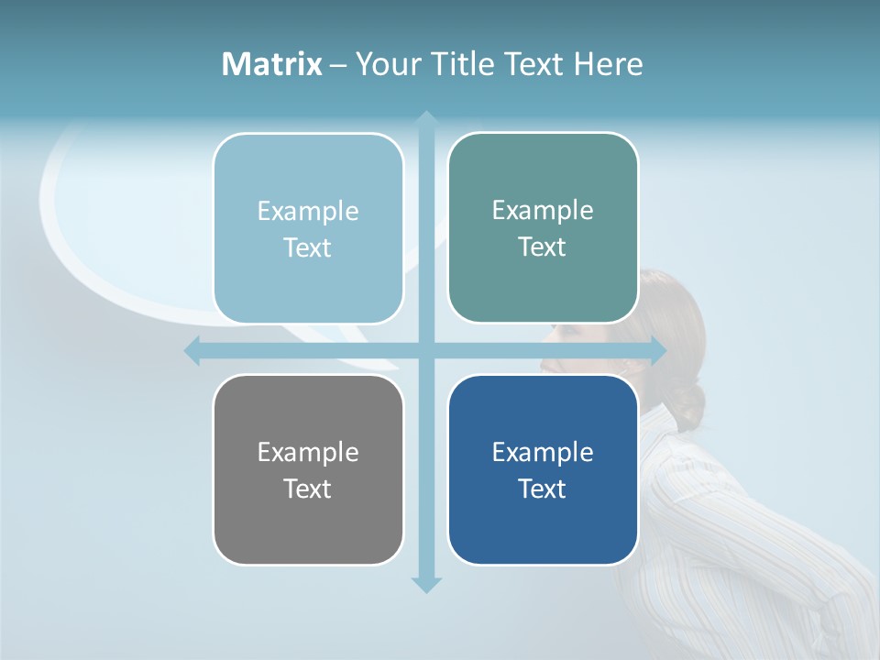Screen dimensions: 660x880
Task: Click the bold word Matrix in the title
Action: (271, 64)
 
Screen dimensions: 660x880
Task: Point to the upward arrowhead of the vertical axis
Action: (425, 119)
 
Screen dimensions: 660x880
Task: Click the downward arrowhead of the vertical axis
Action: (425, 584)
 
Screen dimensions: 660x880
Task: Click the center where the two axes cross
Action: (425, 350)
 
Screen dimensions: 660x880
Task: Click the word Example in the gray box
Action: (308, 452)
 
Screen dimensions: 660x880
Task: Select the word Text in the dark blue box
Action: (543, 489)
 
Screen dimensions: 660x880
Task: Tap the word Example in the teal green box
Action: (543, 210)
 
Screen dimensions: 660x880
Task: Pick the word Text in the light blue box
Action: (308, 247)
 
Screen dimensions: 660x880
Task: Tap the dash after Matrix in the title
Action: (338, 65)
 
